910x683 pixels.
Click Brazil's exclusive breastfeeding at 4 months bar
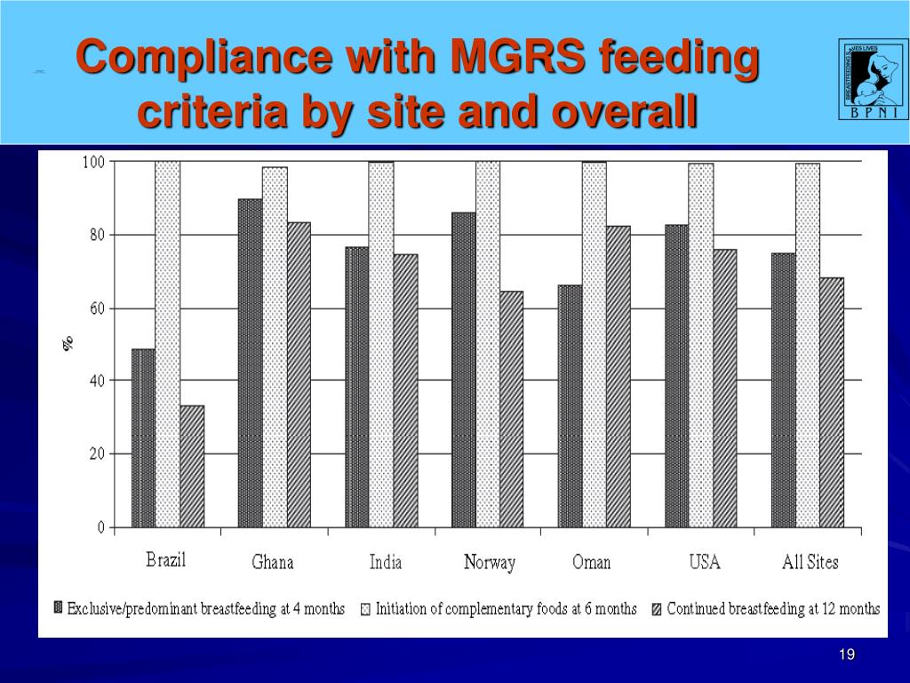tap(143, 438)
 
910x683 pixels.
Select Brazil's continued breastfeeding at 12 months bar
tap(192, 466)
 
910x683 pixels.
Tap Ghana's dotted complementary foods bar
tap(275, 347)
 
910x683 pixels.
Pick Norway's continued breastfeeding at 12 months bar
tap(511, 409)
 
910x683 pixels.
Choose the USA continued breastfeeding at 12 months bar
tap(724, 388)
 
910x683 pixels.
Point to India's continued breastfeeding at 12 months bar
tap(405, 390)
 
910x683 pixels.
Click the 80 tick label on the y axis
tap(94, 235)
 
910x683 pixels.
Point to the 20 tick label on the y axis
tap(94, 454)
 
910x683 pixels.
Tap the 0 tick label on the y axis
tap(100, 527)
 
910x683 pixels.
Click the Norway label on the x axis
tap(490, 563)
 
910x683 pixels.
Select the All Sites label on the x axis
tap(810, 562)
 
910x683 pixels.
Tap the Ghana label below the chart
tap(272, 563)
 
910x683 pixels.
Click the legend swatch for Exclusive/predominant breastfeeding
tap(59, 609)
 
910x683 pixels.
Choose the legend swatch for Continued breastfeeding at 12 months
tap(657, 609)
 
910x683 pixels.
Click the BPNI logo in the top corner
tap(874, 78)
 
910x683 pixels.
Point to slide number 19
tap(847, 655)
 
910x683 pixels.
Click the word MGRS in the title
tap(518, 59)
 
